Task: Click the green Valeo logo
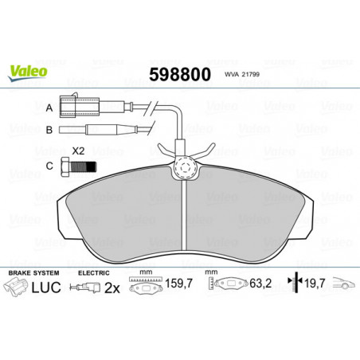click(x=28, y=72)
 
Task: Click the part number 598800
click(x=180, y=75)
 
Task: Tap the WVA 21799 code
click(x=242, y=75)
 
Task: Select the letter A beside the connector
click(x=49, y=108)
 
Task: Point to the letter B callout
click(x=49, y=130)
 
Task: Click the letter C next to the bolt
click(x=49, y=166)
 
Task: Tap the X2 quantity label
click(x=78, y=151)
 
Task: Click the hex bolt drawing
click(x=78, y=166)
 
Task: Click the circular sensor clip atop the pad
click(x=185, y=168)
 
